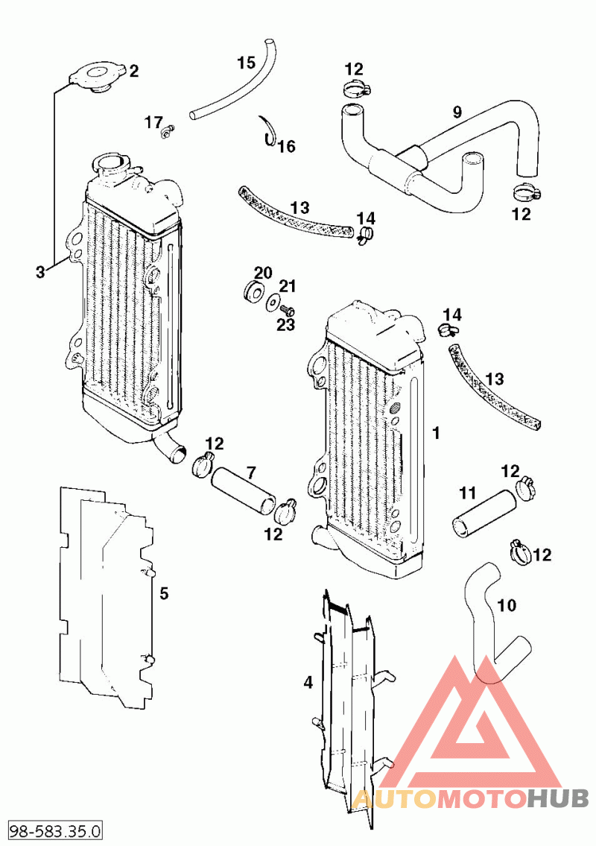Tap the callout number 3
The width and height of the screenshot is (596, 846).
coord(40,272)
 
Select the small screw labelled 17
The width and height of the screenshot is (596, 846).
coord(167,133)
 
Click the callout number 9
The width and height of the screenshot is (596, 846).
coord(457,113)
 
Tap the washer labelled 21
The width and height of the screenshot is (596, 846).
coord(273,302)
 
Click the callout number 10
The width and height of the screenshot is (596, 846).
coord(507,605)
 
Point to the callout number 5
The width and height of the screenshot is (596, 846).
coord(164,593)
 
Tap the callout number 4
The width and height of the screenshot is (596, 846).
coord(307,681)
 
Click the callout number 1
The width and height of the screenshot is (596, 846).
coord(437,432)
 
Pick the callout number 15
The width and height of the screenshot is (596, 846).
coord(247,63)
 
